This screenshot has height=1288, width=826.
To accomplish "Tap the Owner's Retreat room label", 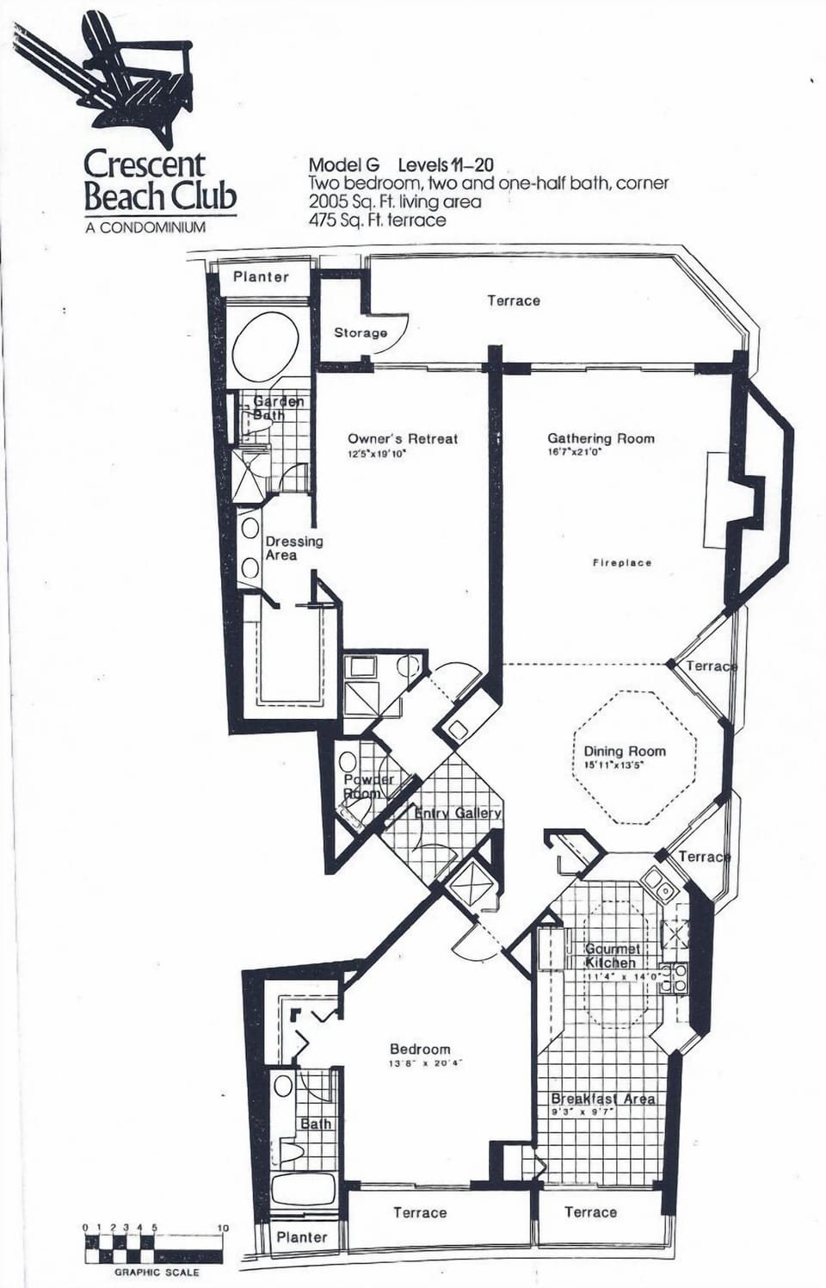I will pos(403,438).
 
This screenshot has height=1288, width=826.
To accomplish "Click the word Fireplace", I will pos(621,563).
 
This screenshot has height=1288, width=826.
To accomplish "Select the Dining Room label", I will pos(625,751).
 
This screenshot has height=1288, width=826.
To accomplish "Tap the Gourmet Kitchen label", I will pos(611,956).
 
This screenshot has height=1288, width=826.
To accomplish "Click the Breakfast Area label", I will pos(602,1099).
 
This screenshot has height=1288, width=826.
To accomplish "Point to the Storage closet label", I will pos(361,333).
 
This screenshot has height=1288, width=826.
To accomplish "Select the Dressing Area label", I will pos(293,548).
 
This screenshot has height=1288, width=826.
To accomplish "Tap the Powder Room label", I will pos(368,786).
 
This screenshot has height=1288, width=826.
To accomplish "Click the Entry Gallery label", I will pos(458,814).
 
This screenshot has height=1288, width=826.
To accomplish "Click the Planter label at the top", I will pos(261,277).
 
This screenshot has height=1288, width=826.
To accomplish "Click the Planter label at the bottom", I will pos(301,1237).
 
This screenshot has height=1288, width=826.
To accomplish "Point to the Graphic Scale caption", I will pos(157,1273).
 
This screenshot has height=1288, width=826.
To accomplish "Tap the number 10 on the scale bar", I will pos(223,1228).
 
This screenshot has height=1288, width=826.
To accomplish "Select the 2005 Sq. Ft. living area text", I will pos(394,202).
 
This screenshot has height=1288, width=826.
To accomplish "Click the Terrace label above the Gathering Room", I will pos(514,300).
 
